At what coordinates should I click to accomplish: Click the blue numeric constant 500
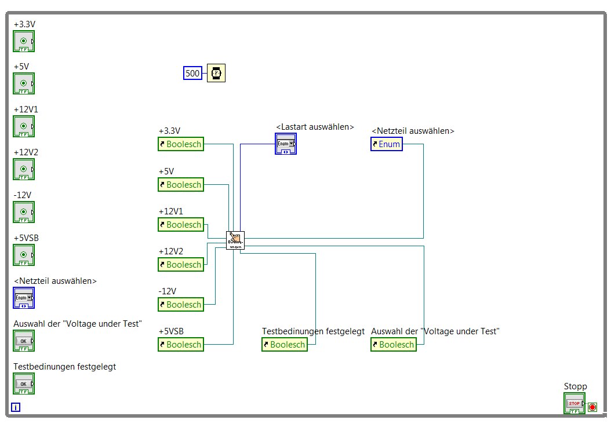192,74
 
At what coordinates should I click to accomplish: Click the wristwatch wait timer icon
216,74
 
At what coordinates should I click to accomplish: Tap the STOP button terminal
574,403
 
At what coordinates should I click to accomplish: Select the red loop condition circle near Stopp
592,407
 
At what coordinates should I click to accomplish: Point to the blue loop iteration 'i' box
16,407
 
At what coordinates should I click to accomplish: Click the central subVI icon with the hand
235,240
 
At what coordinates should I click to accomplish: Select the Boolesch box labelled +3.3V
181,144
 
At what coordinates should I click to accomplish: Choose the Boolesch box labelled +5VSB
181,345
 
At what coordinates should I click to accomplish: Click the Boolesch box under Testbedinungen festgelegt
285,345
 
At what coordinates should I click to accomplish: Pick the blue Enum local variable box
387,144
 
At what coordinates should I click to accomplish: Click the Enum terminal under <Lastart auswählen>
286,144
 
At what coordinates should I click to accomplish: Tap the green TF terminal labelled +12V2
24,169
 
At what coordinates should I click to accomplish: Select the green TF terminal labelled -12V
24,212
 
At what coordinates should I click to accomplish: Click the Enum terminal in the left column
24,298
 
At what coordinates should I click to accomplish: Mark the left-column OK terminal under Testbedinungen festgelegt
24,383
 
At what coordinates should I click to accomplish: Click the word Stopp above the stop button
575,386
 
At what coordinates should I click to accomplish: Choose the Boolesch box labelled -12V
181,305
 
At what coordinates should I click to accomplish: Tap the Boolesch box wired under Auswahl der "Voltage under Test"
394,345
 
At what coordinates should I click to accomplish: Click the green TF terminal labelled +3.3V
24,41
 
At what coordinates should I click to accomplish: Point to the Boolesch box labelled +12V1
181,225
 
